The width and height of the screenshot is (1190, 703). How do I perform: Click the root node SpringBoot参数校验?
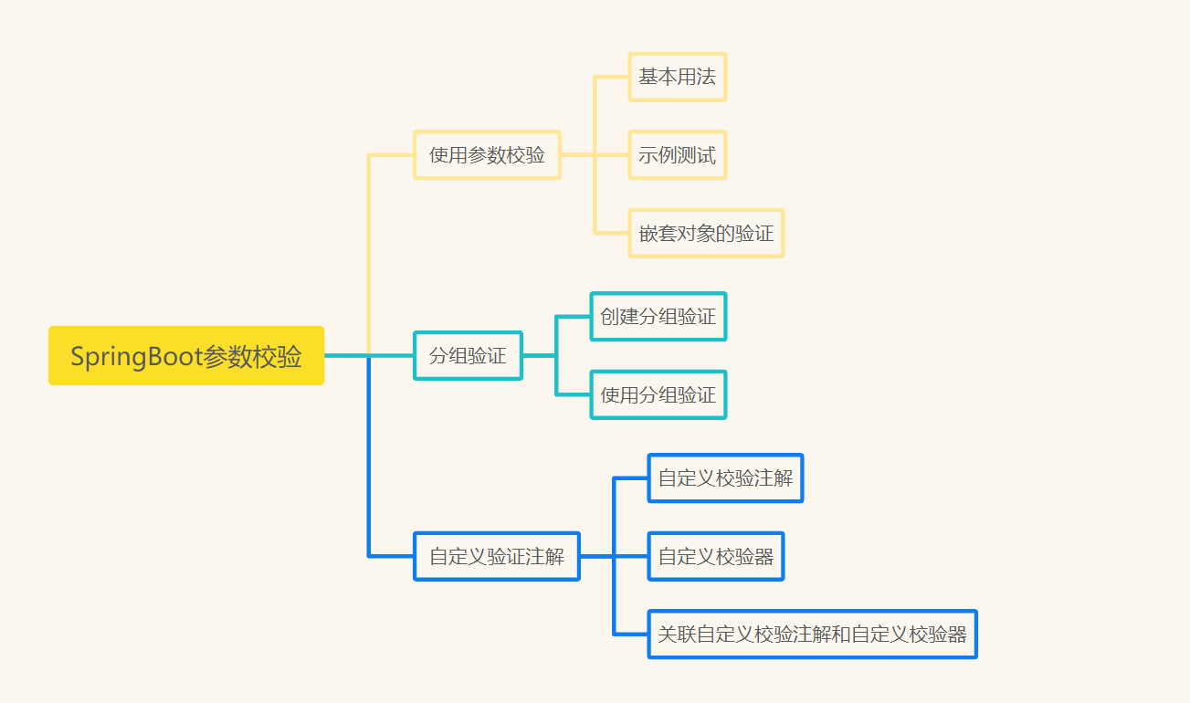coord(186,356)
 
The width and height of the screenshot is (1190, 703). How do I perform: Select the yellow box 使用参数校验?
coord(487,155)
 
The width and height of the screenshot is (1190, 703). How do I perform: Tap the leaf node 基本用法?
coord(677,78)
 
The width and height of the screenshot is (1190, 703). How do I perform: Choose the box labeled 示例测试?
coord(677,155)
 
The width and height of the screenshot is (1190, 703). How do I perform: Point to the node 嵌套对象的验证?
coord(706,234)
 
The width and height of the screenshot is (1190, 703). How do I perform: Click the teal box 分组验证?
coord(468,355)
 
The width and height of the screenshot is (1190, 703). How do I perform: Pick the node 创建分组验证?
coord(658,317)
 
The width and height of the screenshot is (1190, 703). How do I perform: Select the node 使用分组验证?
coord(658,395)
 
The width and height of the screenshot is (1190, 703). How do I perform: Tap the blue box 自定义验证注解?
coord(497,556)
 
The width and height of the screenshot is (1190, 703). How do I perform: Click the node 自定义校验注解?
coord(725,477)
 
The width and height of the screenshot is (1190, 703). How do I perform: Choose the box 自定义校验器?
coord(715,556)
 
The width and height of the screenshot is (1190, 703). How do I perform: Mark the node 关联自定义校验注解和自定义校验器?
coord(812,634)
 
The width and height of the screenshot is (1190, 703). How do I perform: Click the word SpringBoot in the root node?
coord(136,357)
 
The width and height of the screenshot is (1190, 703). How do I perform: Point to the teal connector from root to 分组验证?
coord(347,355)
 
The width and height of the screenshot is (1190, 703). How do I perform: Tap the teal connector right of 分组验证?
coord(539,355)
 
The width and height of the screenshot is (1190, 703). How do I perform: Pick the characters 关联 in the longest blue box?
coord(677,634)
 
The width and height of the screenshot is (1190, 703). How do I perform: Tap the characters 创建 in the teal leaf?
coord(619,317)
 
